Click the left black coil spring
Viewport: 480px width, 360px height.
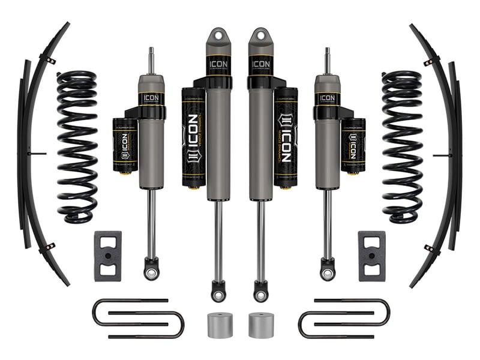[77, 147]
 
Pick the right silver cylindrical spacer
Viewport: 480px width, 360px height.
[260, 324]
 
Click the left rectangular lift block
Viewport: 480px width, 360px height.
[107, 256]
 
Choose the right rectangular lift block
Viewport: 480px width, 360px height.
[372, 256]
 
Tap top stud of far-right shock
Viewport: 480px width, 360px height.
[328, 60]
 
